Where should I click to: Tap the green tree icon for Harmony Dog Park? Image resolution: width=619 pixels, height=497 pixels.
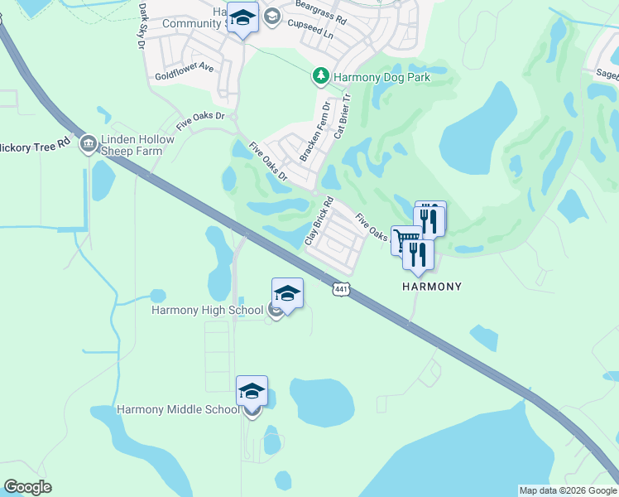tap(321, 77)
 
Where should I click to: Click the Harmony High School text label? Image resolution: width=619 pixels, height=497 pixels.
tap(207, 311)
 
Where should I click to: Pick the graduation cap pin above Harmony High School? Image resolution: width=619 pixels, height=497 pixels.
tap(287, 294)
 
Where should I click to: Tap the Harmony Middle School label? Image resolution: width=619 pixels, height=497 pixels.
tap(178, 409)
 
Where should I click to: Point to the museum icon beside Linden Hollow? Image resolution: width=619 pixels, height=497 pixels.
tap(87, 146)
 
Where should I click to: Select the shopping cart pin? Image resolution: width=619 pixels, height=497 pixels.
tap(405, 240)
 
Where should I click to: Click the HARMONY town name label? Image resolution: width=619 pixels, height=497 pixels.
tap(431, 286)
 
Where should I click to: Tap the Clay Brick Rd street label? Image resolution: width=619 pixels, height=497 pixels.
tap(318, 220)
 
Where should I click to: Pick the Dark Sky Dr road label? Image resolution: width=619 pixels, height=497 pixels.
tap(141, 26)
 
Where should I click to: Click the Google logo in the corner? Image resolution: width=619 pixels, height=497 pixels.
tap(27, 487)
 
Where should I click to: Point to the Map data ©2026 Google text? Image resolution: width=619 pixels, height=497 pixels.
tap(568, 490)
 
